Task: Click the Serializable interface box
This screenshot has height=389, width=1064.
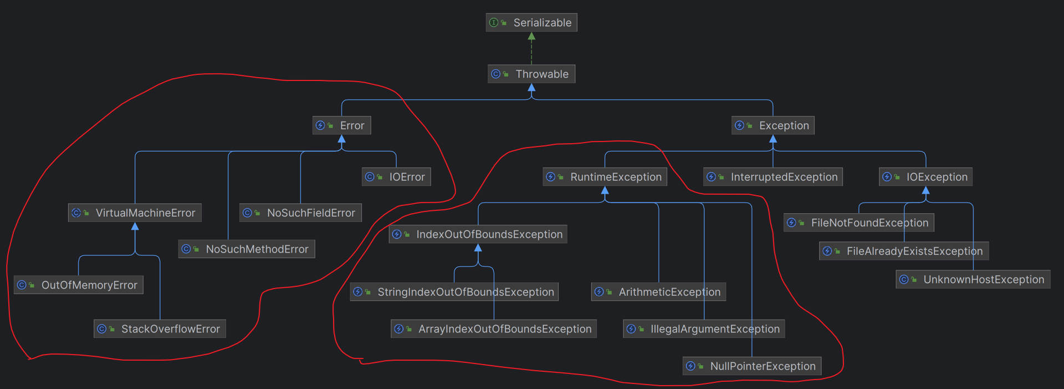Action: (531, 23)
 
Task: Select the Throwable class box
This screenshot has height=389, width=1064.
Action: (531, 74)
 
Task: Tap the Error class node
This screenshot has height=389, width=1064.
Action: (342, 125)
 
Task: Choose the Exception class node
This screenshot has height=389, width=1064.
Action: (773, 125)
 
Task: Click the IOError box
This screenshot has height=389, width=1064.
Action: (396, 177)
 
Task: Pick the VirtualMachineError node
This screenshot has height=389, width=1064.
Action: (135, 213)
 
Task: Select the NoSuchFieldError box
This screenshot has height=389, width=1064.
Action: (300, 213)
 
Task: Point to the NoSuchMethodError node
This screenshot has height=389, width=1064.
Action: (247, 249)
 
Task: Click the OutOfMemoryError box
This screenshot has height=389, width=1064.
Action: (79, 285)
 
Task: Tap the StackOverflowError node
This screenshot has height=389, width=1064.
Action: (160, 329)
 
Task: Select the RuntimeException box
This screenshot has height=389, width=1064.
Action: (605, 177)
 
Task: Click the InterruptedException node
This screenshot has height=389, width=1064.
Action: (773, 177)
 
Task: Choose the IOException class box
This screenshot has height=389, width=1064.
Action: (925, 177)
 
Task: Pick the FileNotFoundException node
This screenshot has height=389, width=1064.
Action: (859, 223)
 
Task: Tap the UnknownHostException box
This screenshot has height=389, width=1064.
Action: (973, 279)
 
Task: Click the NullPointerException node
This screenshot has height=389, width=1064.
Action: (752, 366)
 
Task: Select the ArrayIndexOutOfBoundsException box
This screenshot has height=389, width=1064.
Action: (494, 329)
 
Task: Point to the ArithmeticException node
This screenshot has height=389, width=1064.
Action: (659, 291)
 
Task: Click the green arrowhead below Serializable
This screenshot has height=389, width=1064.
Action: (531, 36)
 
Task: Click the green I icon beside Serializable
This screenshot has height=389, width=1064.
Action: (494, 23)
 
